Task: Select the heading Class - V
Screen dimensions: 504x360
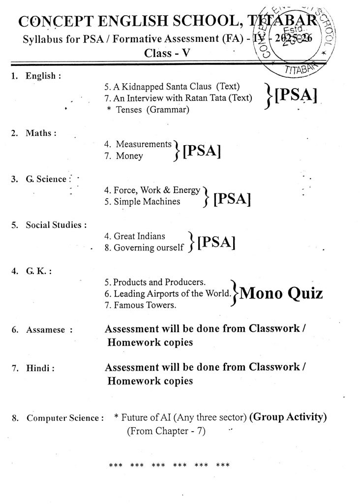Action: pyautogui.click(x=165, y=53)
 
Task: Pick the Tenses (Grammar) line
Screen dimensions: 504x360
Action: pyautogui.click(x=148, y=110)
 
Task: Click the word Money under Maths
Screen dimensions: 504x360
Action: pyautogui.click(x=129, y=157)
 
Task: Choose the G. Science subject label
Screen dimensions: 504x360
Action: pyautogui.click(x=46, y=179)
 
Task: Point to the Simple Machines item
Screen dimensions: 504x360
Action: pyautogui.click(x=142, y=202)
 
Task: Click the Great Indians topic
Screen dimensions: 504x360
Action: pyautogui.click(x=135, y=236)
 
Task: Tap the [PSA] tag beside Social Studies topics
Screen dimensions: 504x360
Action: pyautogui.click(x=215, y=242)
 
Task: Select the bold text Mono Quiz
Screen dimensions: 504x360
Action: pyautogui.click(x=282, y=294)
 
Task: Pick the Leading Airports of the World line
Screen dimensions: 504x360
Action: pyautogui.click(x=168, y=294)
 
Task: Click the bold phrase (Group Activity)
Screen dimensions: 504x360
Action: pyautogui.click(x=288, y=417)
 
